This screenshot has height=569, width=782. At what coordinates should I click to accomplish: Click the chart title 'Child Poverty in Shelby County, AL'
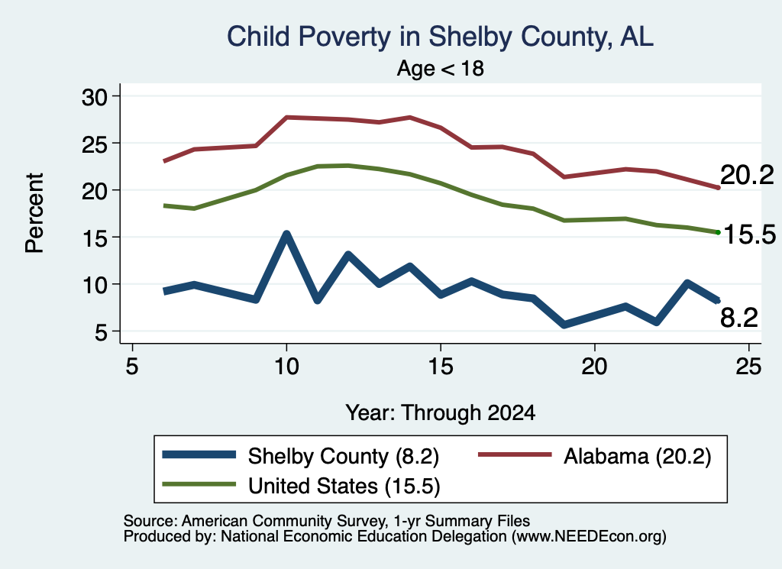440,37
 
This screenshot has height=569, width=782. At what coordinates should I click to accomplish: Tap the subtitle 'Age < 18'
441,68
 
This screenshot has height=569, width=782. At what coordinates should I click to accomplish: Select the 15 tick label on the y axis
95,238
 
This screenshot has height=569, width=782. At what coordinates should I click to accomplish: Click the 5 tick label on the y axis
101,331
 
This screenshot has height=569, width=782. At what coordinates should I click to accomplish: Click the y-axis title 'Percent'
34,213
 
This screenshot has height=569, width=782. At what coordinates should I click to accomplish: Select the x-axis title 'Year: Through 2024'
441,413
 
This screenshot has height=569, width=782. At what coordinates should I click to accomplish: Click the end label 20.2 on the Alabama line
747,175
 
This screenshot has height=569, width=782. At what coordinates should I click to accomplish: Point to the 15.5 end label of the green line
750,234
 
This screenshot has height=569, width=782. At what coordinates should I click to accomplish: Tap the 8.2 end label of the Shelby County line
738,317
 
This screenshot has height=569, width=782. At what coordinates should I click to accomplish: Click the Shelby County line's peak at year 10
286,234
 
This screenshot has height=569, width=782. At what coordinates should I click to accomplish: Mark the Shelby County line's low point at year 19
564,325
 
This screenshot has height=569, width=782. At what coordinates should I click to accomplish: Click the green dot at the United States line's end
718,232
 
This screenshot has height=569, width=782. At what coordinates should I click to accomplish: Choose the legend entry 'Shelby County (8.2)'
301,456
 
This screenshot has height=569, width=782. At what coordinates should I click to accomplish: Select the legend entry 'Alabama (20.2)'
595,456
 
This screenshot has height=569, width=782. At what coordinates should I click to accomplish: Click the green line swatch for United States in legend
199,484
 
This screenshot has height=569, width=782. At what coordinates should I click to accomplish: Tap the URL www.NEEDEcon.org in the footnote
589,537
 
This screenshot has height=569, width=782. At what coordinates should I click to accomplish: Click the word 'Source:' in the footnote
150,521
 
